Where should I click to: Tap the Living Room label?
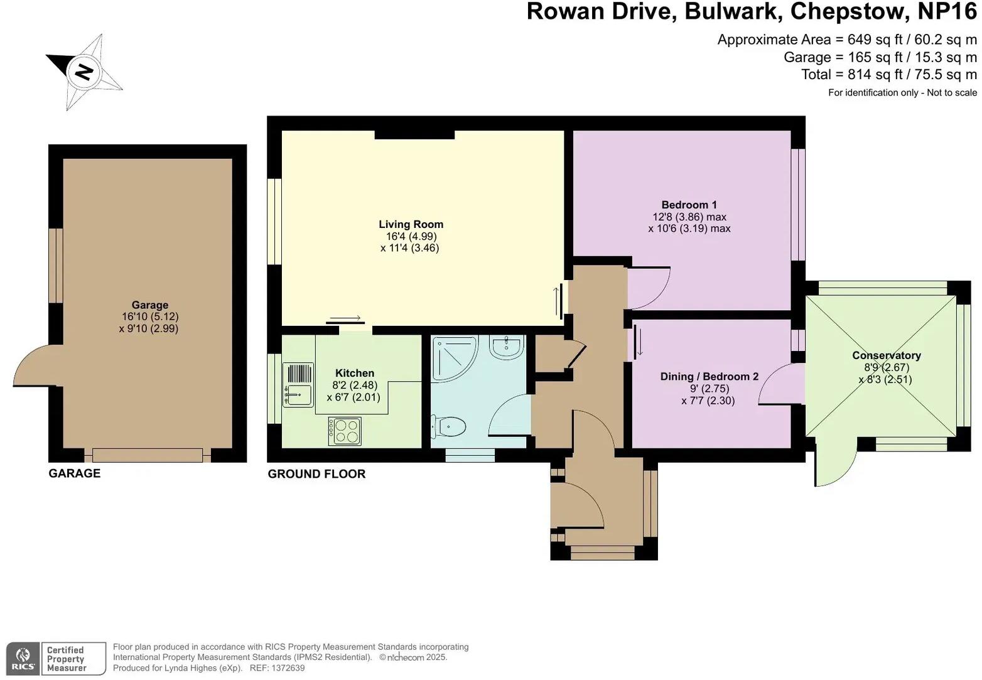[x=411, y=224]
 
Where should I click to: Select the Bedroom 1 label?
[x=689, y=205]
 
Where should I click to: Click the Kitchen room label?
[x=354, y=373]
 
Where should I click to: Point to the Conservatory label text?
[x=886, y=355]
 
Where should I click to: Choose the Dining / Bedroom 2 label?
[x=709, y=377]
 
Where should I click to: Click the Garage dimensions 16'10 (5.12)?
[x=150, y=317]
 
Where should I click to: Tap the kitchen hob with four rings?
[x=345, y=431]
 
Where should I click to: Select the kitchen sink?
[x=298, y=385]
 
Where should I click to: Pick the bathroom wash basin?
[x=506, y=347]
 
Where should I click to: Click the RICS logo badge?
[x=23, y=659]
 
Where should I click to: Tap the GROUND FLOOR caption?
[x=316, y=474]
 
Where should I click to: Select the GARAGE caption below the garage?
[x=74, y=473]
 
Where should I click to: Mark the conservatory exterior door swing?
[x=836, y=463]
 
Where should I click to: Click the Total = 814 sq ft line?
[x=888, y=75]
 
